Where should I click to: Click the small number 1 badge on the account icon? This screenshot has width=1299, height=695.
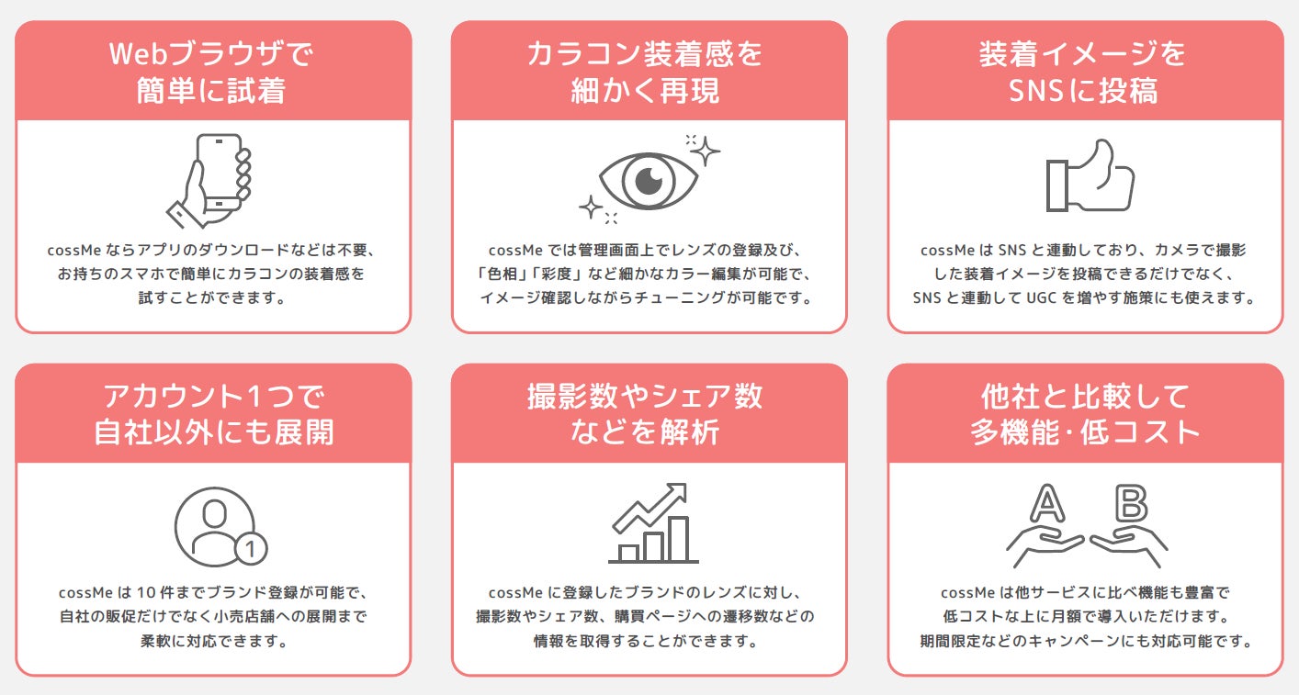pyautogui.click(x=251, y=550)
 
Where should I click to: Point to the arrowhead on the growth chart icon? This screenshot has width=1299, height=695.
pyautogui.click(x=679, y=491)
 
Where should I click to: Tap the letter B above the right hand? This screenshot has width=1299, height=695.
pyautogui.click(x=1131, y=503)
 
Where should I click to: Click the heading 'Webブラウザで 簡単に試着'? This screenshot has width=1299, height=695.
pyautogui.click(x=213, y=73)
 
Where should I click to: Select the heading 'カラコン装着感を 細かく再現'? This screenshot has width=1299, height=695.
pyautogui.click(x=647, y=73)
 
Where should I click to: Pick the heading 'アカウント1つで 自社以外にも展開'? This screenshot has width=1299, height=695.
pyautogui.click(x=213, y=414)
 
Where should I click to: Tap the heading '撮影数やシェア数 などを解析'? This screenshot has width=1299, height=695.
pyautogui.click(x=647, y=414)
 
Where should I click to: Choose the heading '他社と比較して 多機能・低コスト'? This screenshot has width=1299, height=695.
pyautogui.click(x=1085, y=414)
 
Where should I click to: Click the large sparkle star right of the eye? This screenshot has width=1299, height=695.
pyautogui.click(x=705, y=151)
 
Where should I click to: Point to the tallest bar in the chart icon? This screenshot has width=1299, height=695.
pyautogui.click(x=678, y=539)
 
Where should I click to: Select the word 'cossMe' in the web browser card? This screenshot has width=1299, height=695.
pyautogui.click(x=75, y=250)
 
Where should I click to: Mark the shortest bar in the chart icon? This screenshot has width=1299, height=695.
pyautogui.click(x=628, y=553)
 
